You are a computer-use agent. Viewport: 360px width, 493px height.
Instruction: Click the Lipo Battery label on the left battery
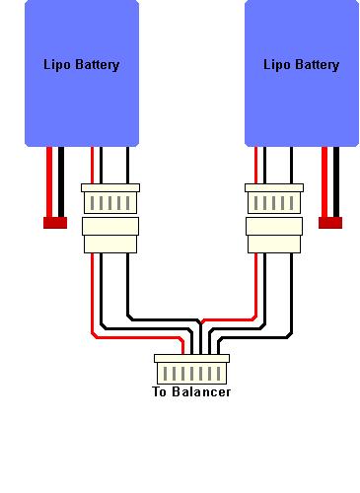point(81,65)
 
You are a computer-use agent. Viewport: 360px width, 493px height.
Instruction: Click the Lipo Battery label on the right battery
point(301,65)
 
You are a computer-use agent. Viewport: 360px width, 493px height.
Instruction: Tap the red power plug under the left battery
point(54,223)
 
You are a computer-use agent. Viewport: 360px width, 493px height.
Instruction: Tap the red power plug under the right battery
point(329,223)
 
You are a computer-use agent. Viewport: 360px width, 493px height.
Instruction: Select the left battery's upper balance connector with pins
point(110,201)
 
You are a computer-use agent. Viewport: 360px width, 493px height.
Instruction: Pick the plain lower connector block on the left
point(110,237)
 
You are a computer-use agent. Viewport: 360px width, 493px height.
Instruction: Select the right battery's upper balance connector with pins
point(274,201)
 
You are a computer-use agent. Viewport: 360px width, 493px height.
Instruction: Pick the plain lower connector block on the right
point(274,237)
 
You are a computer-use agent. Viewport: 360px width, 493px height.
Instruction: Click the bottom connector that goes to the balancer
point(191,372)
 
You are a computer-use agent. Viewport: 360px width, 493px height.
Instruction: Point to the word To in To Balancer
point(161,392)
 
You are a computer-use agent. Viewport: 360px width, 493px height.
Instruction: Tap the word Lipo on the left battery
point(56,65)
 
